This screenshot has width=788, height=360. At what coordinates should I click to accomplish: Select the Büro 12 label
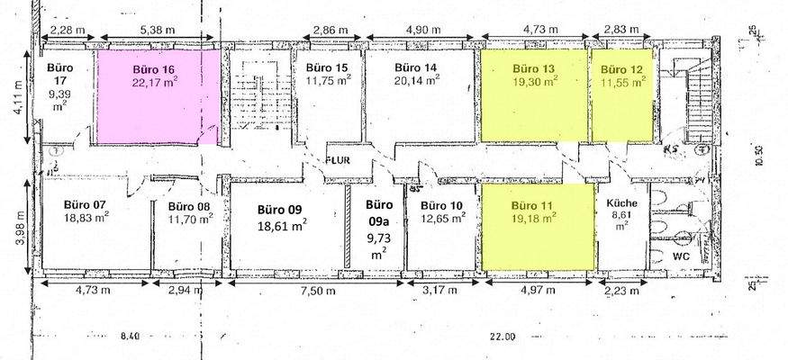tap(622, 68)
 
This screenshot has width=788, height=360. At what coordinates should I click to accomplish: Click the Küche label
tap(621, 202)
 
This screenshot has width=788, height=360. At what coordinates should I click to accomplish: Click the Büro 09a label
tap(378, 211)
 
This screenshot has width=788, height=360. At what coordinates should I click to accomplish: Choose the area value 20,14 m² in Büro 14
tap(416, 80)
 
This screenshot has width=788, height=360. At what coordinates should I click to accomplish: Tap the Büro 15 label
tap(327, 68)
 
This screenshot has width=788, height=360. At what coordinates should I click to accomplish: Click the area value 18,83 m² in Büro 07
tap(87, 217)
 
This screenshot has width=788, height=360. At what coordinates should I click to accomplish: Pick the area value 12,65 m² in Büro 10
tap(442, 217)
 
